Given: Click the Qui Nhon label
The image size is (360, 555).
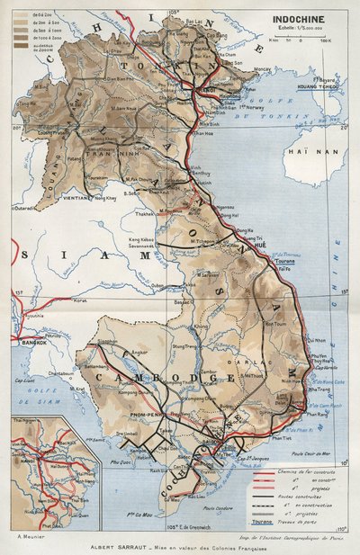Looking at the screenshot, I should click(x=317, y=341).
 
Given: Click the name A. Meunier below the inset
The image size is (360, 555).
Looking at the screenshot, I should click(x=33, y=536).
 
